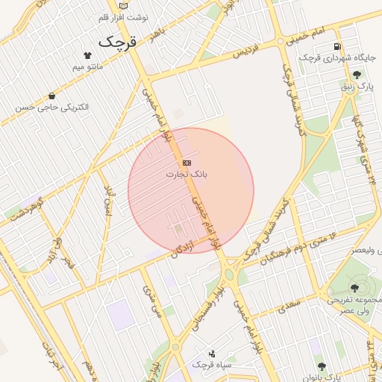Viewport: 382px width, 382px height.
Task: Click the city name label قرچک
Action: pyautogui.click(x=119, y=42)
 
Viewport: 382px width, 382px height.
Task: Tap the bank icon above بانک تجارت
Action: pyautogui.click(x=187, y=163)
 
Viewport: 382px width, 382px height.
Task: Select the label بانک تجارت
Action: pyautogui.click(x=187, y=174)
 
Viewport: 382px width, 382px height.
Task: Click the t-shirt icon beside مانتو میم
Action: pyautogui.click(x=87, y=55)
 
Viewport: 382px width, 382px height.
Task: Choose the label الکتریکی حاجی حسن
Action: pyautogui.click(x=52, y=107)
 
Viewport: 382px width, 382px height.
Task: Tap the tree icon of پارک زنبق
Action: pyautogui.click(x=357, y=75)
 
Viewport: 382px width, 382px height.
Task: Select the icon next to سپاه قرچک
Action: pyautogui.click(x=212, y=354)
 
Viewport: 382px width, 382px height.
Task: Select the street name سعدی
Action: pyautogui.click(x=287, y=304)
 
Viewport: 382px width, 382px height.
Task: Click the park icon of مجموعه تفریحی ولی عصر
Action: pyautogui.click(x=354, y=287)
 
